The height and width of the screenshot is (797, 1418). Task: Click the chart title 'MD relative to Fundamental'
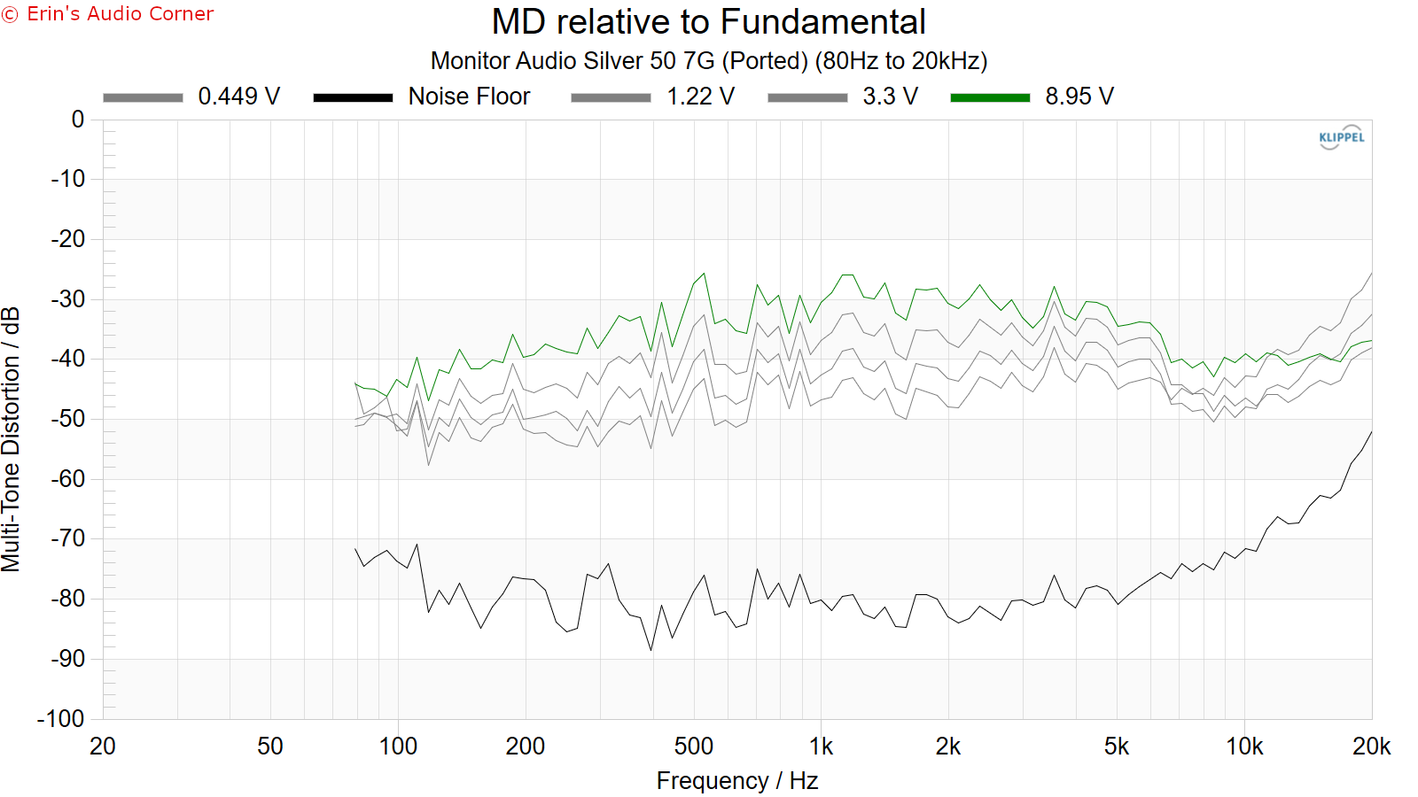pyautogui.click(x=709, y=22)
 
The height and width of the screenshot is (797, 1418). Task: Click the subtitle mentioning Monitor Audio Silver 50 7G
pyautogui.click(x=709, y=61)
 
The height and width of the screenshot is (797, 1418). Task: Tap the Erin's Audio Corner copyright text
pyautogui.click(x=108, y=14)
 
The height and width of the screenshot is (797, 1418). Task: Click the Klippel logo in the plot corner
pyautogui.click(x=1341, y=137)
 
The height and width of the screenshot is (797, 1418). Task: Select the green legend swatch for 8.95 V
pyautogui.click(x=990, y=97)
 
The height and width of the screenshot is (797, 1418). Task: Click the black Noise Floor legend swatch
pyautogui.click(x=353, y=97)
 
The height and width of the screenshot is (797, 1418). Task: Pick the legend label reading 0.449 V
pyautogui.click(x=238, y=97)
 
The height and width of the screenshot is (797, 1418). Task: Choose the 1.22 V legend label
pyautogui.click(x=700, y=97)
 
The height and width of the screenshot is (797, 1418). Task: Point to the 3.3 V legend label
pyautogui.click(x=890, y=97)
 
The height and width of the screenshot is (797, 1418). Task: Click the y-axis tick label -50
pyautogui.click(x=68, y=419)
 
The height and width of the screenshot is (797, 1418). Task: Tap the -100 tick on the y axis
pyautogui.click(x=61, y=718)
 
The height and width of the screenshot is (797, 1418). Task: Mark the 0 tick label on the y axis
pyautogui.click(x=78, y=120)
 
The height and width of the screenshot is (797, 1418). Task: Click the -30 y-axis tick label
pyautogui.click(x=68, y=299)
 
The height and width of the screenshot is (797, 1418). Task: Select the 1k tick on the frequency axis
pyautogui.click(x=822, y=747)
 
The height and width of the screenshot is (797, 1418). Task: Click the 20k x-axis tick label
pyautogui.click(x=1371, y=747)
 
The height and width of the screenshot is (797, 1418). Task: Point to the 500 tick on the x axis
pyautogui.click(x=693, y=747)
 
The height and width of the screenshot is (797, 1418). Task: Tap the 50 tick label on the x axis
pyautogui.click(x=270, y=747)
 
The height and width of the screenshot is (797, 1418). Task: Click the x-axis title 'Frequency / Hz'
pyautogui.click(x=736, y=781)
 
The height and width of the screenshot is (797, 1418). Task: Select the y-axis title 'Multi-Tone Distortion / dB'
pyautogui.click(x=11, y=439)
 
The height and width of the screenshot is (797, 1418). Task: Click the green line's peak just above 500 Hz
pyautogui.click(x=704, y=274)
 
